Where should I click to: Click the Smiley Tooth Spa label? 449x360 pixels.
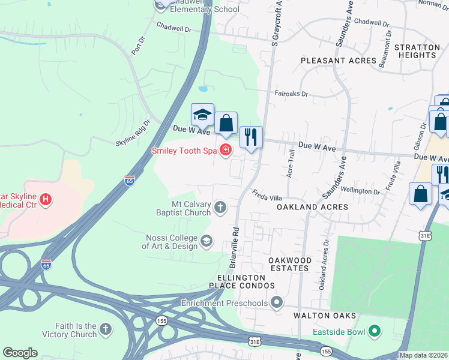[x=184, y=150]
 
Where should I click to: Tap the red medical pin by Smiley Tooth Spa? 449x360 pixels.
[x=226, y=150]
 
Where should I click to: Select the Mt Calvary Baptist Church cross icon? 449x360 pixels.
[x=220, y=208]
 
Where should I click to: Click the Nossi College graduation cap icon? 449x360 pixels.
[x=206, y=241]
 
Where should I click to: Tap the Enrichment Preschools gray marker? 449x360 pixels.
[x=277, y=302]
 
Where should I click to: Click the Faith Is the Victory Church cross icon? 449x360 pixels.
[x=106, y=329]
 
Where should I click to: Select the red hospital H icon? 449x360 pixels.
[x=46, y=199]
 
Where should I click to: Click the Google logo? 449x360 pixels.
[x=20, y=353]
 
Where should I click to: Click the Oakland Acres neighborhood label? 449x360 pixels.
[x=312, y=206]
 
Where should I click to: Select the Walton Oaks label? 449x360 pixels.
[x=325, y=316]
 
